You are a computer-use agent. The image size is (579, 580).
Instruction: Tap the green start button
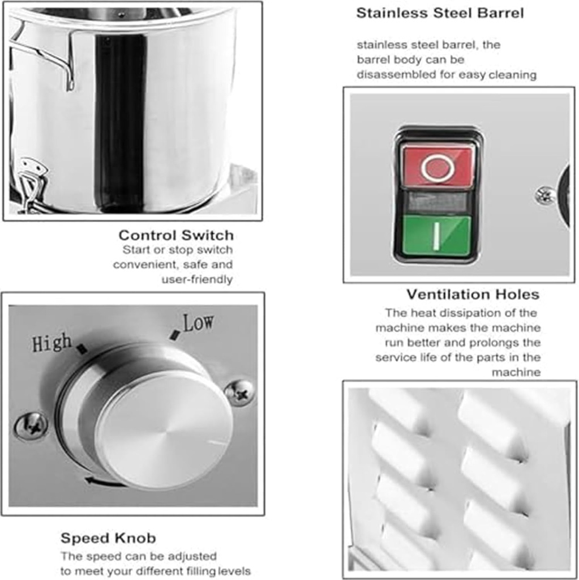click(436, 235)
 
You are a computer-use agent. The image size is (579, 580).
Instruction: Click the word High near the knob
click(52, 343)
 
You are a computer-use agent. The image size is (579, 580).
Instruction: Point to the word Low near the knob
click(198, 323)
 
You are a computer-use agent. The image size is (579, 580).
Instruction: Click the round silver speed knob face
click(164, 429)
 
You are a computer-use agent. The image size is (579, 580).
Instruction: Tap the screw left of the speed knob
click(31, 426)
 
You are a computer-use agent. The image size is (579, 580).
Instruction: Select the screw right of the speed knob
click(239, 393)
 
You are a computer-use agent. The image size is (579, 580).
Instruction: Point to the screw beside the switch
click(545, 195)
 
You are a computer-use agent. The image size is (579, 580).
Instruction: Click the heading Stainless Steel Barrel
click(440, 13)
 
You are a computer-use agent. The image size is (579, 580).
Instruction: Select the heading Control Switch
click(176, 235)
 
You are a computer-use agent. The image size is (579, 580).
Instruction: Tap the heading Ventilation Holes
click(473, 295)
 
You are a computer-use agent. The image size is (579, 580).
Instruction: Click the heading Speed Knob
click(108, 538)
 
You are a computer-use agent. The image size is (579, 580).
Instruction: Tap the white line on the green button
click(436, 236)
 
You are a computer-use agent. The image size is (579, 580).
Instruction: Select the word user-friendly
click(197, 279)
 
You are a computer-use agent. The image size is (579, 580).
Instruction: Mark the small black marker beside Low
click(175, 335)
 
